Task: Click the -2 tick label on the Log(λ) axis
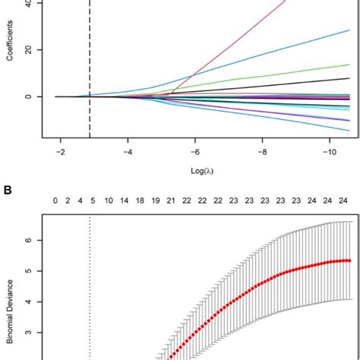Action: point(58,152)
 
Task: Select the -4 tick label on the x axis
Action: point(126,152)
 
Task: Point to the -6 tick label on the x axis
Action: point(194,152)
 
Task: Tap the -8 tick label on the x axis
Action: point(262,152)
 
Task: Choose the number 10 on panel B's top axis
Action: point(109,201)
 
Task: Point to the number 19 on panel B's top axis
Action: point(155,201)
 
